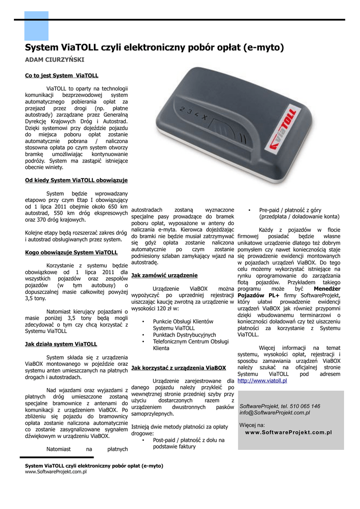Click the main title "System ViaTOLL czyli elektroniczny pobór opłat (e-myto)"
point(154,48)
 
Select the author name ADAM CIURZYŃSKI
point(55,60)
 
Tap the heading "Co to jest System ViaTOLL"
point(62,76)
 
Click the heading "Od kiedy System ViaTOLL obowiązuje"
point(77,180)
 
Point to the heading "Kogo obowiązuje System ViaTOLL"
point(71,252)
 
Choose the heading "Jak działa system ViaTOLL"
point(61,343)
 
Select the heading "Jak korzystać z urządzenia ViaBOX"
point(179,368)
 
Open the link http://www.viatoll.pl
point(262,381)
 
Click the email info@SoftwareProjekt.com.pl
point(274,413)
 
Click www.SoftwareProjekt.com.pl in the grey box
point(288,432)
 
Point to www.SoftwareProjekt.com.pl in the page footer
point(56,472)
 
